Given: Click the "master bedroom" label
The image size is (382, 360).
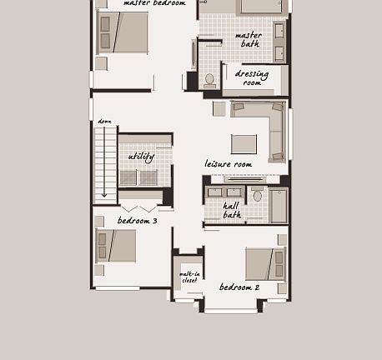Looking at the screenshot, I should (154, 3).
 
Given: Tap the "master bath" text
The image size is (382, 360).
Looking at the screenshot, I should (249, 39).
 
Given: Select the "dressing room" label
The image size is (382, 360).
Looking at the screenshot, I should (252, 78).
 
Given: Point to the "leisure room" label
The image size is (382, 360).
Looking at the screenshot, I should (228, 164).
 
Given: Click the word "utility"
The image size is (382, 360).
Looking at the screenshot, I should (141, 157).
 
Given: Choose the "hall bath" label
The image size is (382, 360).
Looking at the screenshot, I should (232, 210).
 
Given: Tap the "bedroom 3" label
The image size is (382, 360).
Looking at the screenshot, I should (137, 221).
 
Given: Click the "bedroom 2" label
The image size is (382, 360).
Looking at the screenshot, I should (239, 287).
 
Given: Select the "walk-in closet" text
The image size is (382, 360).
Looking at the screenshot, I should (189, 277).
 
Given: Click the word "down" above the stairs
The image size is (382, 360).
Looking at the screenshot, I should (104, 122).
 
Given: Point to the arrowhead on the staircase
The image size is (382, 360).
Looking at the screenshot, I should (104, 194).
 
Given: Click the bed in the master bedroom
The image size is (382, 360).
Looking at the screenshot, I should (123, 32).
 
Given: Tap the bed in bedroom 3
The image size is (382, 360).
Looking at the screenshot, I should (116, 246).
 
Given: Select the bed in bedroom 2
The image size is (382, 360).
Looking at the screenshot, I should (265, 264).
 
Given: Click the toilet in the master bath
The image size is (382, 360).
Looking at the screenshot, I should (209, 79).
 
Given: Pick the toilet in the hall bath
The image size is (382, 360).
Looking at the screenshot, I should (257, 196).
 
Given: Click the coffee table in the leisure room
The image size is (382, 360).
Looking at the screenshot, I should (244, 144).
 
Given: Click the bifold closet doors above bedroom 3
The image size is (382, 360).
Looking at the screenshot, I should (139, 207).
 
